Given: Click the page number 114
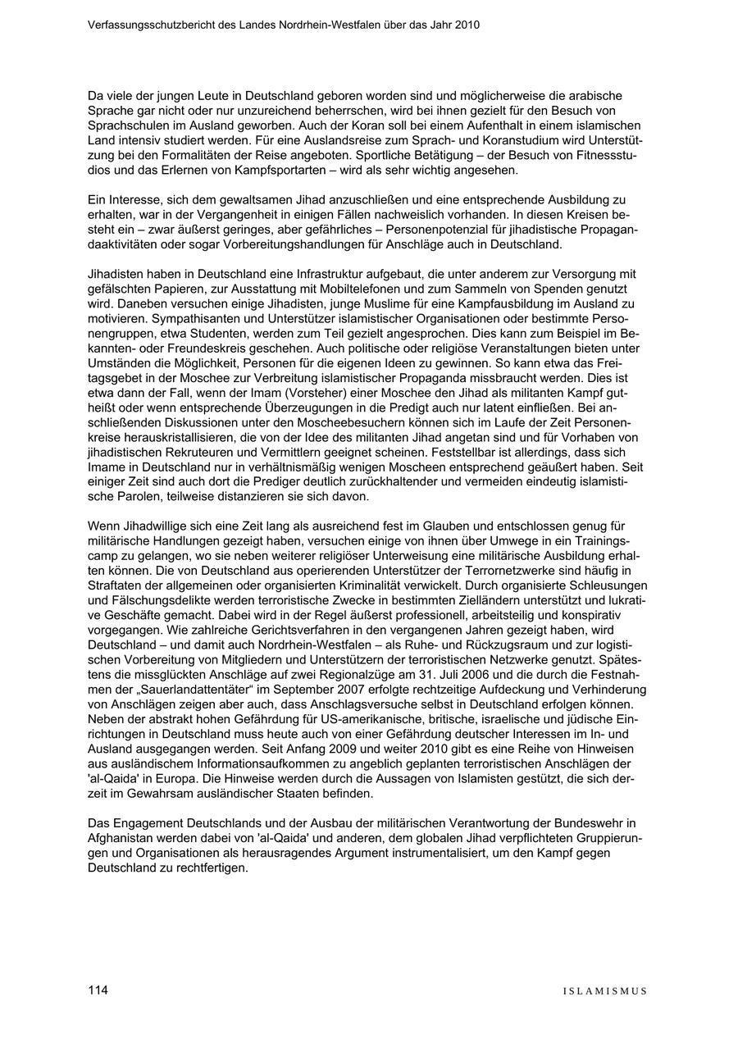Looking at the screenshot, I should [x=98, y=990].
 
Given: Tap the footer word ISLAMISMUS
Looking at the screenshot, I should [x=604, y=991].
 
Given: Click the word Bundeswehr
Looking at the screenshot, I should [x=605, y=822].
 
